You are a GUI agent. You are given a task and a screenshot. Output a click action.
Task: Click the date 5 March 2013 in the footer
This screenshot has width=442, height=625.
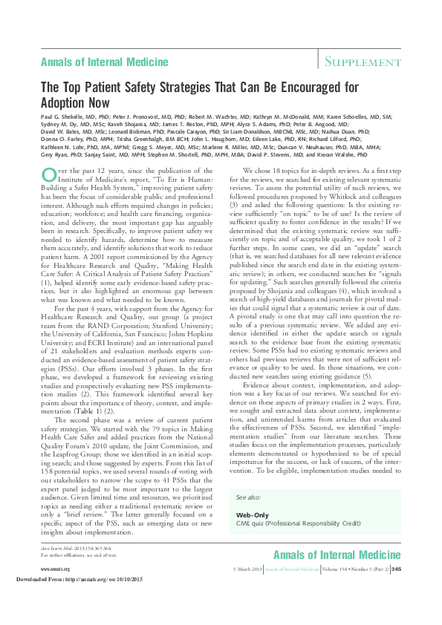(247, 589)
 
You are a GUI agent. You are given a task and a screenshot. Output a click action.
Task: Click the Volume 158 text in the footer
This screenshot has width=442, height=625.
(337, 589)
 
